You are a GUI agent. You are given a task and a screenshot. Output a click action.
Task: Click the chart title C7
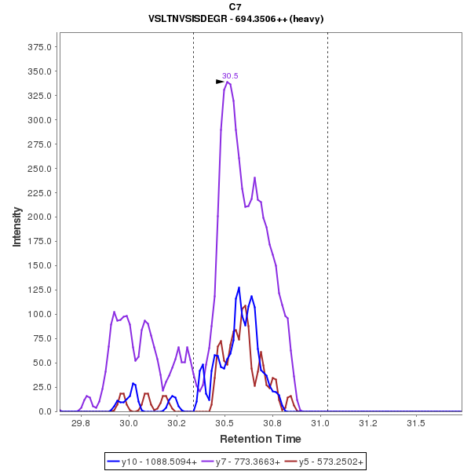click(235, 7)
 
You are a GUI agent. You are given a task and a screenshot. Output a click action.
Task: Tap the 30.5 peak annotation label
click(230, 75)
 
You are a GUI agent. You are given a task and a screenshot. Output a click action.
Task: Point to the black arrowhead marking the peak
click(221, 82)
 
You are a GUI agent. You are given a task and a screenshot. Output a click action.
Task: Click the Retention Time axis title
click(260, 438)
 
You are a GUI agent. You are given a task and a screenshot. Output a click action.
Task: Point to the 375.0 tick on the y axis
click(39, 47)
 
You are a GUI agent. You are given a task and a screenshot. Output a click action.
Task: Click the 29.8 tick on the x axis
click(81, 423)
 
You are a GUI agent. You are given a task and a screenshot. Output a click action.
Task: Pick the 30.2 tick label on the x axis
click(177, 423)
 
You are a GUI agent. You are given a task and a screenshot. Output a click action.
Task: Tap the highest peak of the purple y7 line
click(227, 82)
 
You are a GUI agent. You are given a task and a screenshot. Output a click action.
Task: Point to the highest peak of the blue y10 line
click(239, 288)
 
